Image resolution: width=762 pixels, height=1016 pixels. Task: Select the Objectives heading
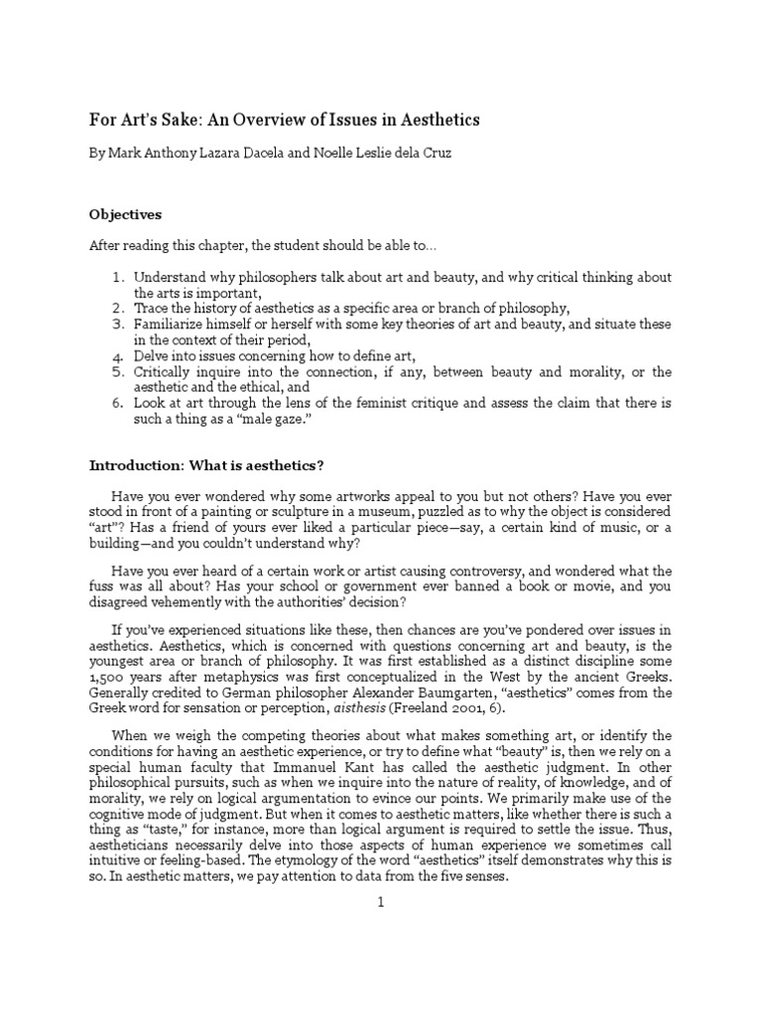(126, 214)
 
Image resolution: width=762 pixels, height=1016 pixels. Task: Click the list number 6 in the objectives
(115, 404)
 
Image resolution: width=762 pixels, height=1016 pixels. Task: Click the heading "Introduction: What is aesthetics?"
(207, 465)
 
